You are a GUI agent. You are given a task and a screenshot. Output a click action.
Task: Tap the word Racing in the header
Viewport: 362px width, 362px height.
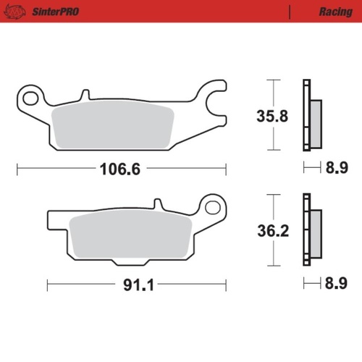pos(334,12)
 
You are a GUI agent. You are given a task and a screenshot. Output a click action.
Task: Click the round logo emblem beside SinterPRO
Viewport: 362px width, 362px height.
pos(17,12)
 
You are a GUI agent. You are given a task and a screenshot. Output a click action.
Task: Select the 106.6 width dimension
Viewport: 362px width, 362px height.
pos(119,169)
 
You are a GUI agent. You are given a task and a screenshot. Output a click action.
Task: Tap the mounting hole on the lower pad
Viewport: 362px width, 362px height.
pos(211,208)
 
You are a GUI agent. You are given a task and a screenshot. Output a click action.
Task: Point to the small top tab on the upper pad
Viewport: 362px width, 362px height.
pos(85,95)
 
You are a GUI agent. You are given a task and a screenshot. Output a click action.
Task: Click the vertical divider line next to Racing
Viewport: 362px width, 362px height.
pos(289,12)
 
